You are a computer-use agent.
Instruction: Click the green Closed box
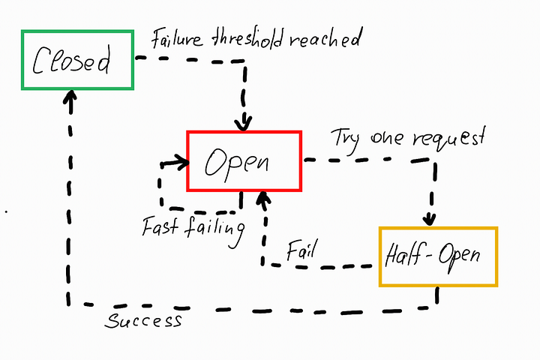click(77, 59)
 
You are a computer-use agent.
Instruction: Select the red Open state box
click(244, 161)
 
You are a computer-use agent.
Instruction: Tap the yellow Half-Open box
click(439, 256)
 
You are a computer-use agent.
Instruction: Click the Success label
click(143, 321)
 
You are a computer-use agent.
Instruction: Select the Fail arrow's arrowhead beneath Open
click(262, 199)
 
